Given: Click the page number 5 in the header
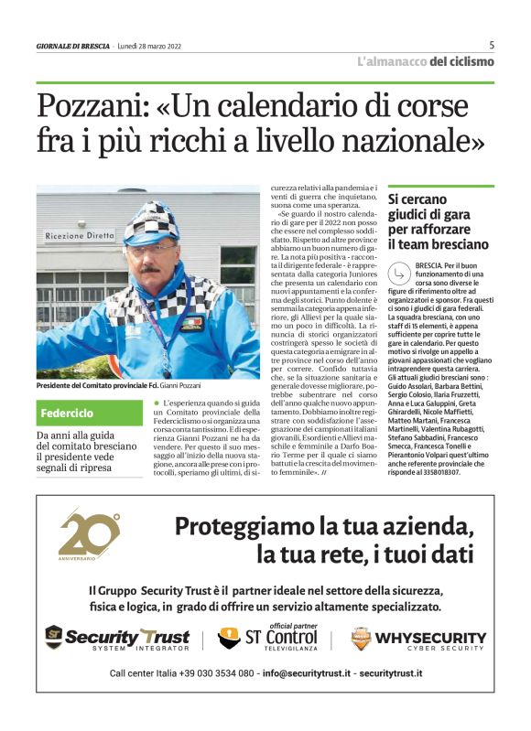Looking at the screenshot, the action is point(492,45).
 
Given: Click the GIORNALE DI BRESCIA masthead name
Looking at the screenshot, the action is point(73,46).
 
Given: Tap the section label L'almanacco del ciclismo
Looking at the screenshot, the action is point(425,61).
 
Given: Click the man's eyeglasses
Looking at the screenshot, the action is point(151,247).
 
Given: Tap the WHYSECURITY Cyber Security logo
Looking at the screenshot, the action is point(418,638).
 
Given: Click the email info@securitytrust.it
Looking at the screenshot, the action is point(306,673).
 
